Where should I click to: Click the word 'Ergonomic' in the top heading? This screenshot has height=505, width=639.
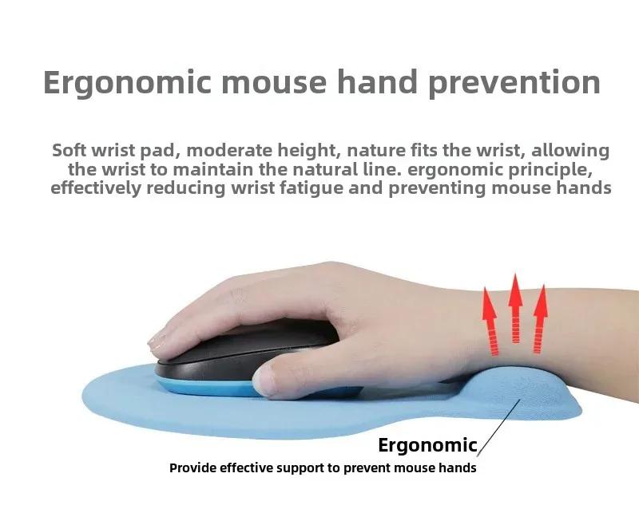[127, 84]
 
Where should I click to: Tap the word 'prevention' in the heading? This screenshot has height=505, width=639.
[514, 84]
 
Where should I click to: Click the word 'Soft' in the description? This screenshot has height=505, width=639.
[69, 150]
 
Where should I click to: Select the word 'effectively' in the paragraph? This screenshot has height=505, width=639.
[96, 189]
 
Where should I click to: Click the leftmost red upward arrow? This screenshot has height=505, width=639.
[490, 322]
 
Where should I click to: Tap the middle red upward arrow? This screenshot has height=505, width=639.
[515, 309]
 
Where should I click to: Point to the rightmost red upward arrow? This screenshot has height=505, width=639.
[540, 319]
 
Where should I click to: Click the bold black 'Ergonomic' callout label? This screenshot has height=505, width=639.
[427, 445]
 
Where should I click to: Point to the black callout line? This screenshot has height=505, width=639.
[498, 428]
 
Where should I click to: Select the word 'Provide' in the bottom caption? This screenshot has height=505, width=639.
[192, 468]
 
